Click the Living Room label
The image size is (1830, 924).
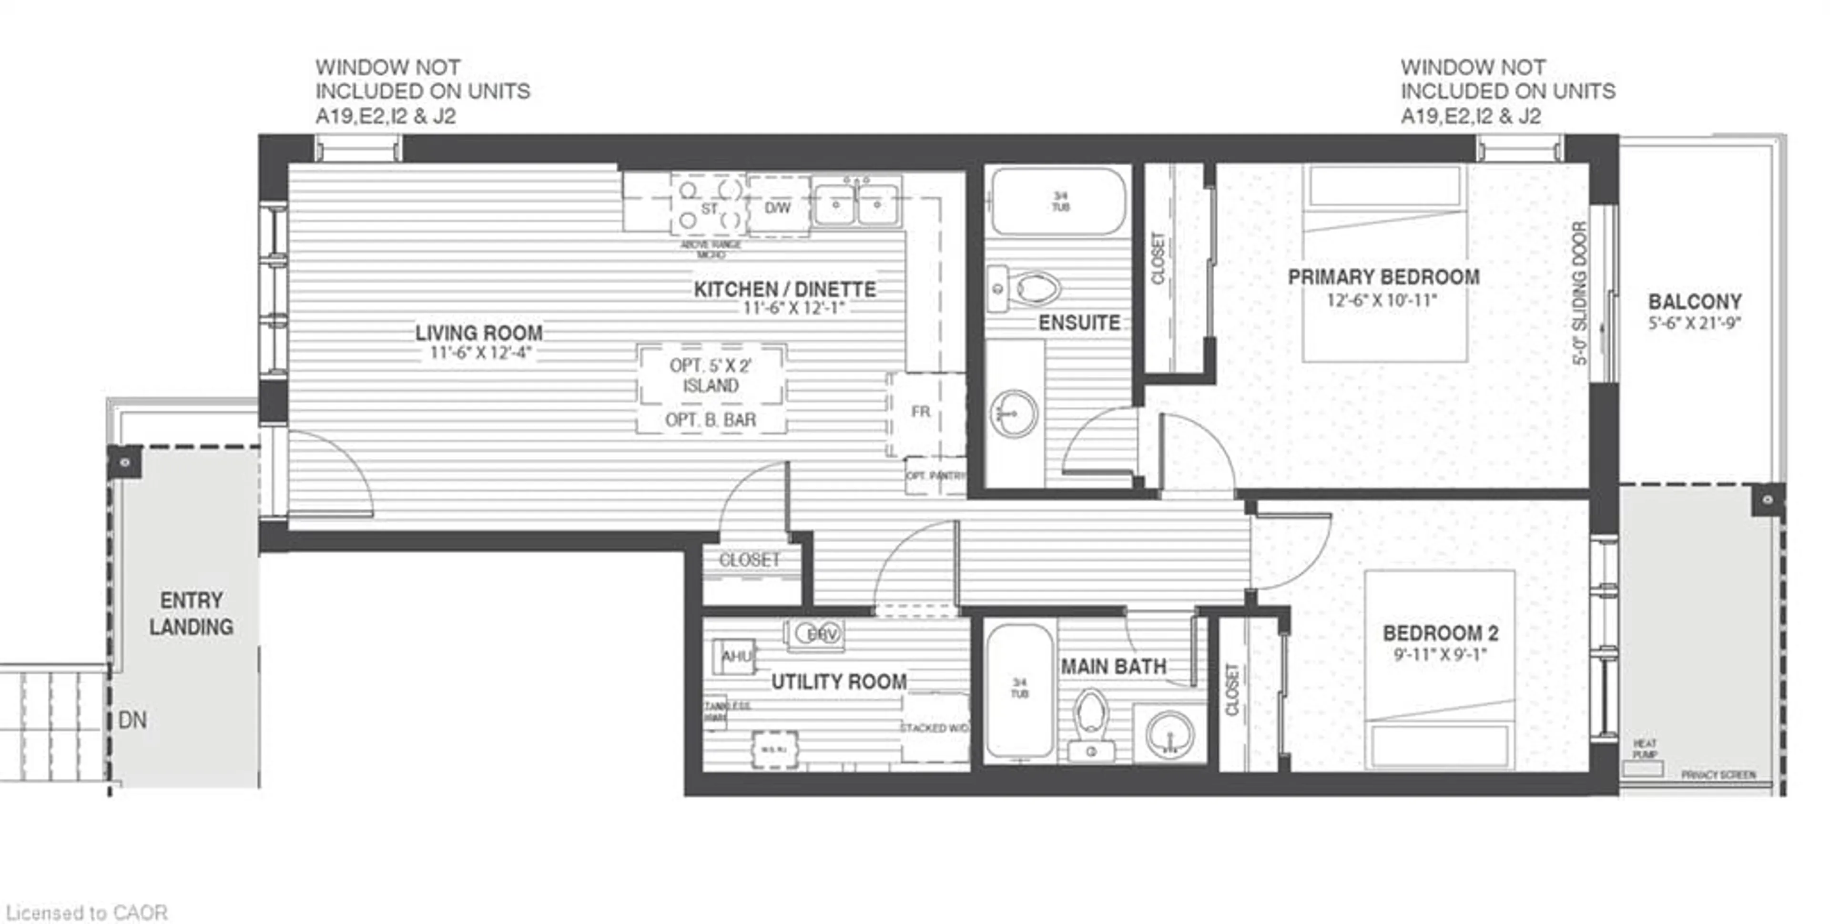pyautogui.click(x=479, y=333)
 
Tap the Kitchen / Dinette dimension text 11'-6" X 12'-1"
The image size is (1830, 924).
pyautogui.click(x=793, y=308)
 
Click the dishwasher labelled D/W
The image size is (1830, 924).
pyautogui.click(x=778, y=207)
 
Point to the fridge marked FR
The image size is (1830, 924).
pyautogui.click(x=921, y=412)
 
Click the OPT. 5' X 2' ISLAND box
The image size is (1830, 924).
pyautogui.click(x=711, y=376)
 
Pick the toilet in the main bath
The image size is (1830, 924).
pyautogui.click(x=1090, y=717)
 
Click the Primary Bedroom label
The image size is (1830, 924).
pyautogui.click(x=1383, y=277)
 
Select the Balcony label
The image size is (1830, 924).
pyautogui.click(x=1694, y=302)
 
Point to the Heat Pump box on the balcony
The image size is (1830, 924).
pyautogui.click(x=1643, y=768)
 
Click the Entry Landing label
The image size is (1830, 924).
pyautogui.click(x=191, y=614)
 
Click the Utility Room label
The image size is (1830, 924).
pyautogui.click(x=839, y=682)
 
